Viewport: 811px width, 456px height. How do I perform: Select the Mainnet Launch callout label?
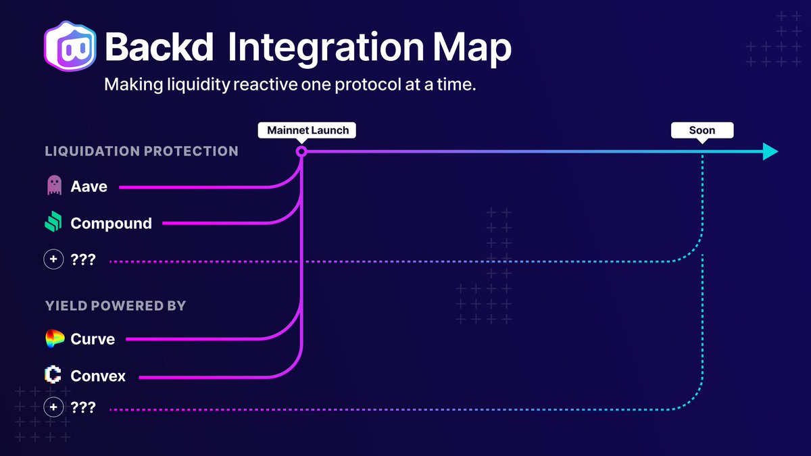(308, 130)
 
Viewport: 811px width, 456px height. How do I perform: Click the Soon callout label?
(702, 130)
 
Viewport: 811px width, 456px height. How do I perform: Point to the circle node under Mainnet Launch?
(301, 152)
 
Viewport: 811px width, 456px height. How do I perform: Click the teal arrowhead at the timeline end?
(770, 151)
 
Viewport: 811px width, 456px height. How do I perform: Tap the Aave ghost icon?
(54, 186)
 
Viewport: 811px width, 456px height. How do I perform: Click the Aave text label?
(89, 186)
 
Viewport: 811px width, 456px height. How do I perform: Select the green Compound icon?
(53, 222)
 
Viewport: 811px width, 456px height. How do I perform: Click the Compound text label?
(111, 224)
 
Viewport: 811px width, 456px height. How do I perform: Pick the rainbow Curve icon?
(54, 339)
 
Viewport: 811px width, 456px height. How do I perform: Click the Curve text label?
(93, 339)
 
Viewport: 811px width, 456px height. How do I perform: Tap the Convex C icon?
(53, 375)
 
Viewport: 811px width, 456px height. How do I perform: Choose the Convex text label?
(98, 376)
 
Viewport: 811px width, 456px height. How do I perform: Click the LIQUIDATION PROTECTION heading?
(141, 151)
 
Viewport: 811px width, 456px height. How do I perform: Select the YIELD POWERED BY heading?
(116, 305)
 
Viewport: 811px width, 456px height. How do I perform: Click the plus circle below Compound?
(53, 259)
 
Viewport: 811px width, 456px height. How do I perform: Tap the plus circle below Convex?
(53, 407)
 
